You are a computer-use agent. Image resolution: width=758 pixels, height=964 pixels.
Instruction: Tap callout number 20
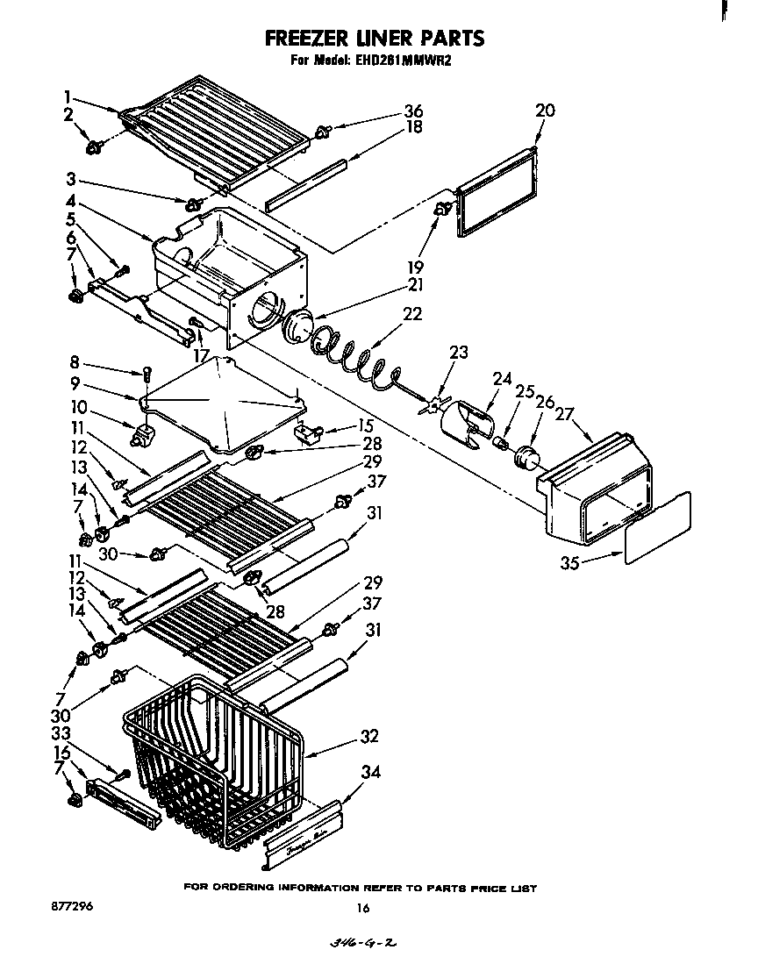click(x=544, y=111)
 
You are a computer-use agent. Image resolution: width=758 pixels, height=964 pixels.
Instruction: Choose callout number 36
click(x=412, y=111)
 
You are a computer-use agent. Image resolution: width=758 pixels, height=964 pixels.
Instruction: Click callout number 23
click(x=458, y=353)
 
